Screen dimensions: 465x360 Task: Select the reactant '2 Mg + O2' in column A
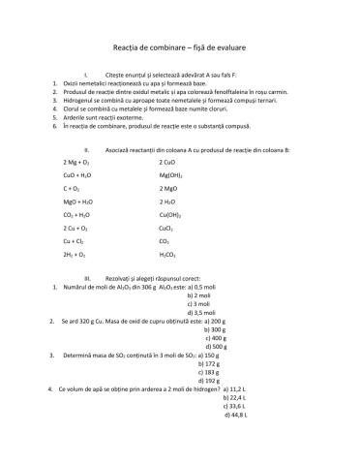tap(75, 162)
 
